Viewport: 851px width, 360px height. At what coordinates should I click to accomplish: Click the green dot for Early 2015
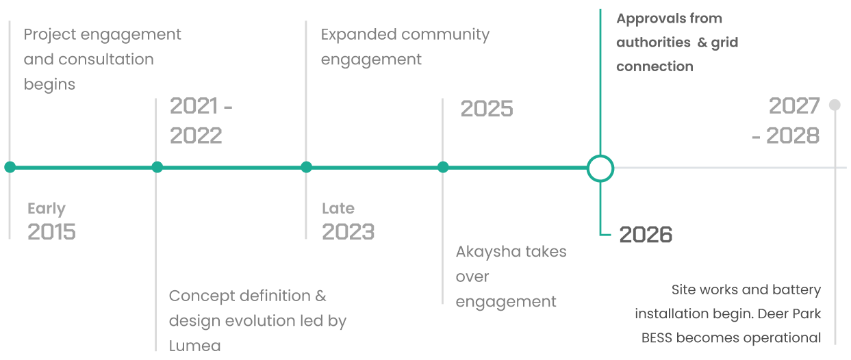10,167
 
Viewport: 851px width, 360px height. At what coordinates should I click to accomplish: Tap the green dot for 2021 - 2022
157,167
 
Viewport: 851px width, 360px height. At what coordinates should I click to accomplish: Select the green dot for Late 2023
306,167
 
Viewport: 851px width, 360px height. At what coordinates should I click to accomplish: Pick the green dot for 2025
442,167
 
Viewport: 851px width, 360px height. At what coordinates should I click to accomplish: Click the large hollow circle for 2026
600,155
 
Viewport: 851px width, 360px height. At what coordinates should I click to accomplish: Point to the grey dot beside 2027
835,105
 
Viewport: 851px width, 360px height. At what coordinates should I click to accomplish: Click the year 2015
51,231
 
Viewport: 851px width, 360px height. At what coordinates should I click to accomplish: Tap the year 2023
348,231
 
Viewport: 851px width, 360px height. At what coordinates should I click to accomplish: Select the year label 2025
487,109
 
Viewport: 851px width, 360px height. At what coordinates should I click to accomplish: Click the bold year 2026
646,235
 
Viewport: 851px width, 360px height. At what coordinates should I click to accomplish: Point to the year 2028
793,136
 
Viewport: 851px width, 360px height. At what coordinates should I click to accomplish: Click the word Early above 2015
47,209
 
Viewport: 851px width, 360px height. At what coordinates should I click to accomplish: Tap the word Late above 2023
338,208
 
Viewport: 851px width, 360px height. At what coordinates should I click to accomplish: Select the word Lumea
195,346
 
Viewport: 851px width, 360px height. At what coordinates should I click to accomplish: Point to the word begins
49,85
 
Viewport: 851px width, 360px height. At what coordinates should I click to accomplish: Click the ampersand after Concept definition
320,296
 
